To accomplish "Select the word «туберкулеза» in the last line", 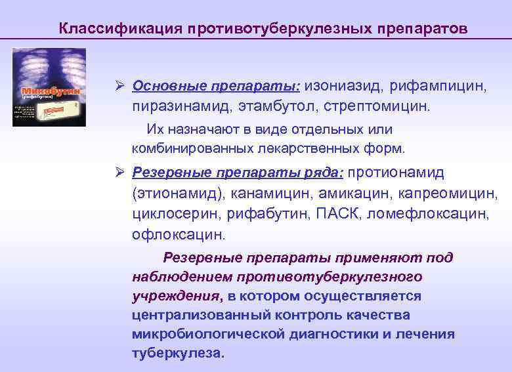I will [177, 352].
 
